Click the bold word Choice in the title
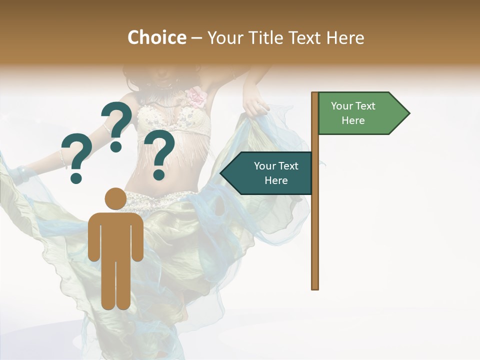(156, 37)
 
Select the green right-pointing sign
(360, 113)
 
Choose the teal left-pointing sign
(270, 173)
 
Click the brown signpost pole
(315, 225)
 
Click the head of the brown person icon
(115, 198)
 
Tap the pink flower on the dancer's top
(196, 96)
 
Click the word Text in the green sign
(365, 106)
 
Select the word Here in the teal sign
(276, 180)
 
